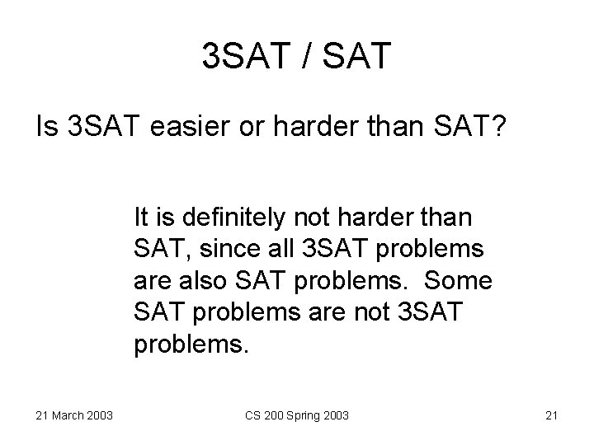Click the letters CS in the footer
[x=252, y=415]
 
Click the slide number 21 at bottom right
[x=552, y=415]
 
